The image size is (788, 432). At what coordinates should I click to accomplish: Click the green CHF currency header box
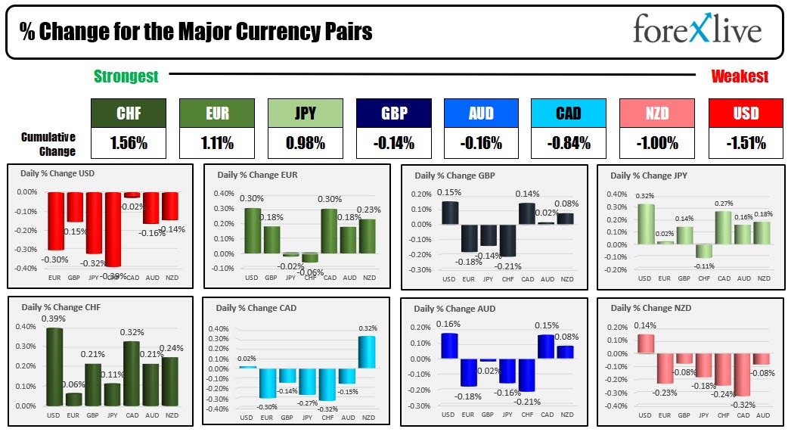[129, 113]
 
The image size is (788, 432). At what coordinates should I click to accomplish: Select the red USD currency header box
[746, 113]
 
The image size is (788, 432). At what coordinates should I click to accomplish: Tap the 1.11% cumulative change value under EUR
[216, 141]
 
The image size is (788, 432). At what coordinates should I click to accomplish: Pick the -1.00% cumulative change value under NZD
[656, 141]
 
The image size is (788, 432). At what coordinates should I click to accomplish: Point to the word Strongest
[126, 76]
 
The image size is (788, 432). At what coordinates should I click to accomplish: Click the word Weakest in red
[740, 76]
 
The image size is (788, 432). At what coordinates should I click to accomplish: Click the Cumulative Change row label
[48, 144]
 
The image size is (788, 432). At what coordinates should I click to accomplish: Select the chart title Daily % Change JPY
[647, 176]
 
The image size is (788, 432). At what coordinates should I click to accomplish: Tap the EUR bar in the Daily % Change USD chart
[56, 221]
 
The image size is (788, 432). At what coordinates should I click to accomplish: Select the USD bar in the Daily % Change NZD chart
[645, 343]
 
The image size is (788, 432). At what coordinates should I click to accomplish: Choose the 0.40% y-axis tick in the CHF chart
[26, 327]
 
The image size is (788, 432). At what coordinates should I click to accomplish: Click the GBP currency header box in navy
[393, 113]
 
